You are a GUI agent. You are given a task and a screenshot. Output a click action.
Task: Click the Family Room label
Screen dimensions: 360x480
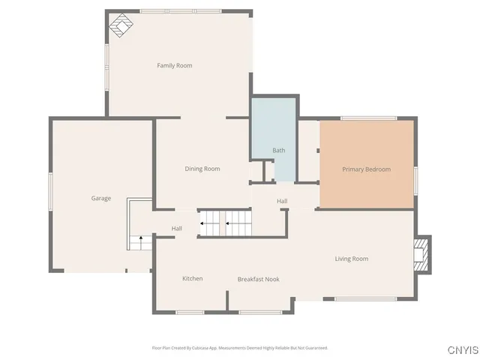coord(174,66)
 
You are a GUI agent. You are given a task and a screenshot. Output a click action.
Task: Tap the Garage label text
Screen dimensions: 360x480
coord(101,199)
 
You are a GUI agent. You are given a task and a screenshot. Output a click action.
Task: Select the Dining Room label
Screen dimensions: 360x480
coord(202,169)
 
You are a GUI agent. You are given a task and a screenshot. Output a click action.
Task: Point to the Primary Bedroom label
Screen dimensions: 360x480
coord(366,169)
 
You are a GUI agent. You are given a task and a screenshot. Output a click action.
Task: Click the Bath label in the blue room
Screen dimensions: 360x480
coord(278,151)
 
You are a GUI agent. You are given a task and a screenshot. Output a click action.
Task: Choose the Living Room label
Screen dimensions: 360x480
coord(351,259)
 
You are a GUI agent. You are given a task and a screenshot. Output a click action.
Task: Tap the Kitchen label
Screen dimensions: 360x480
coord(193,279)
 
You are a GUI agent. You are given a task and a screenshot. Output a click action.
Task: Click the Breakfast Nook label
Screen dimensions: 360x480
coord(259,279)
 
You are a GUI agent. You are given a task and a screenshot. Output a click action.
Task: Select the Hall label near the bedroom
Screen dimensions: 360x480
coord(282,201)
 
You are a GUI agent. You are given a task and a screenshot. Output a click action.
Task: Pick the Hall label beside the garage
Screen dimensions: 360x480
coord(177,229)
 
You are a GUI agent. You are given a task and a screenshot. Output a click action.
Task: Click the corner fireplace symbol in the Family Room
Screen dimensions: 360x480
coord(121,25)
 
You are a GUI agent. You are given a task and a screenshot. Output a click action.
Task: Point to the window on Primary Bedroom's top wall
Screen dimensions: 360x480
coord(368,118)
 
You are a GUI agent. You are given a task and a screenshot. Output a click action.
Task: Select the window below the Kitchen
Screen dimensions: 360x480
coord(190,312)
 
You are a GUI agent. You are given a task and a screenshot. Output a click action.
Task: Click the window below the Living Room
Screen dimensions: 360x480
coord(365,299)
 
